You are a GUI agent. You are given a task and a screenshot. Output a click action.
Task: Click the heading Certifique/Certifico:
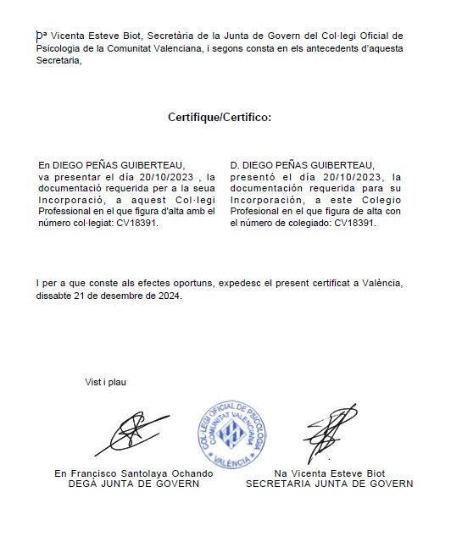point(220,117)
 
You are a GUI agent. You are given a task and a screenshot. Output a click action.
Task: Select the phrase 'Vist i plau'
point(105,382)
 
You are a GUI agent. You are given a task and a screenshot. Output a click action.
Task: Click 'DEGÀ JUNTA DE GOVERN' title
point(134,484)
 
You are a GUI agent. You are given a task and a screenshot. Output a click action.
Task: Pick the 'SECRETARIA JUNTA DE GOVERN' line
point(330,484)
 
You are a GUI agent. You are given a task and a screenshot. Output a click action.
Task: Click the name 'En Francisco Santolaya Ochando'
point(134,473)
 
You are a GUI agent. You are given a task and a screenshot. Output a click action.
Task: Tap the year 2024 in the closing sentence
point(168,296)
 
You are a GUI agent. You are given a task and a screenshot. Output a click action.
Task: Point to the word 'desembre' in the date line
point(120,296)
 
